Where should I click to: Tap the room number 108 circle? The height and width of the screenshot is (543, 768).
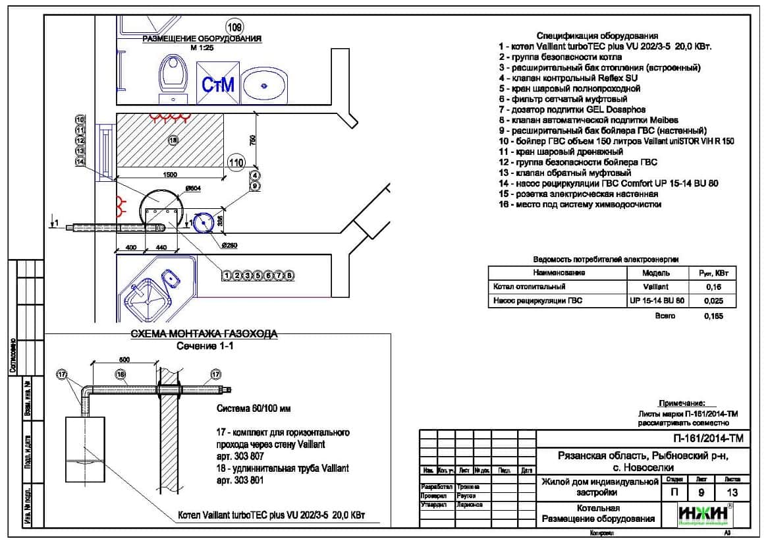tap(234, 27)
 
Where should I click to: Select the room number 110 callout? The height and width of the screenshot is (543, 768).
tap(235, 162)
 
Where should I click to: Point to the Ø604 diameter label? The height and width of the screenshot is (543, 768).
tap(193, 189)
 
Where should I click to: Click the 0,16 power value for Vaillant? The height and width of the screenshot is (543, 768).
tap(713, 287)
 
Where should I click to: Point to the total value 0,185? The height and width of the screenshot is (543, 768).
tap(713, 316)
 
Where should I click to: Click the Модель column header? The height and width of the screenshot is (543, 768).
tap(655, 272)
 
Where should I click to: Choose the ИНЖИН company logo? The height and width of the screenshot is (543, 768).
tap(703, 515)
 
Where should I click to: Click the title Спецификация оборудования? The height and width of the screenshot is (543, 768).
tap(597, 36)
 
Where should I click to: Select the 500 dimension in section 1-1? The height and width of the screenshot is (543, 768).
tap(124, 359)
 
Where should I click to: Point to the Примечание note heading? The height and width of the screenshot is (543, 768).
tap(682, 403)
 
